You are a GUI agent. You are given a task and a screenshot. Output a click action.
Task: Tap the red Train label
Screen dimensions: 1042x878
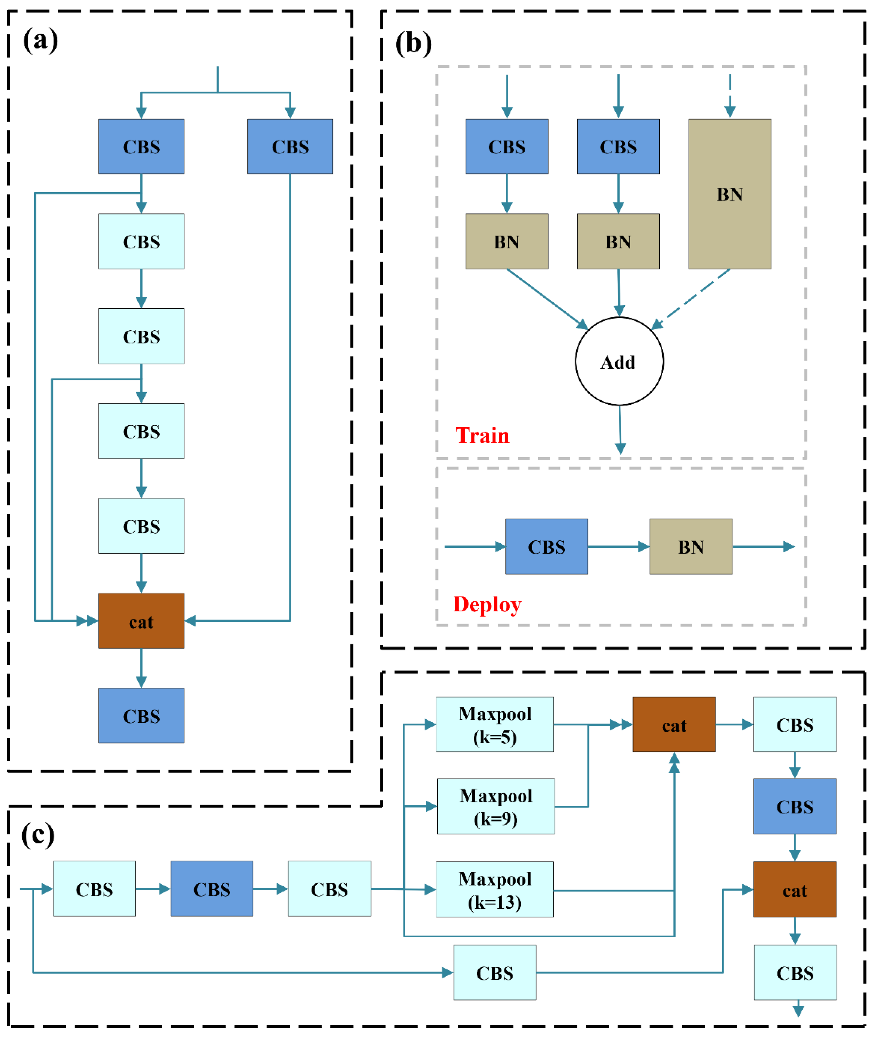482,435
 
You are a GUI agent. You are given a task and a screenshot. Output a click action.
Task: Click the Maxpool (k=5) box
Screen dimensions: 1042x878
494,725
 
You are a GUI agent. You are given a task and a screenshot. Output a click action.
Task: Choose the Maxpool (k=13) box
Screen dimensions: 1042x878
494,890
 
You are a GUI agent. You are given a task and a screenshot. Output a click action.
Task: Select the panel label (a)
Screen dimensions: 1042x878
40,40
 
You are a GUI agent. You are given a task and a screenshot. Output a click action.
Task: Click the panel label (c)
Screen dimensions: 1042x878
37,834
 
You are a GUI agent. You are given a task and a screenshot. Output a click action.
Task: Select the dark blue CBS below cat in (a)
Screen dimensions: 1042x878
141,716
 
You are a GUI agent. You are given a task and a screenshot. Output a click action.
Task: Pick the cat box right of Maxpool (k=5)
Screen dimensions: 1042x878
674,725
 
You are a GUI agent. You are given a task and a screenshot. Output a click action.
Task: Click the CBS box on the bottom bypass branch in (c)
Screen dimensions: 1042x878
494,973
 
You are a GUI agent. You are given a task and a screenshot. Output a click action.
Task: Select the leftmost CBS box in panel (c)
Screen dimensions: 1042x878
94,889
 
